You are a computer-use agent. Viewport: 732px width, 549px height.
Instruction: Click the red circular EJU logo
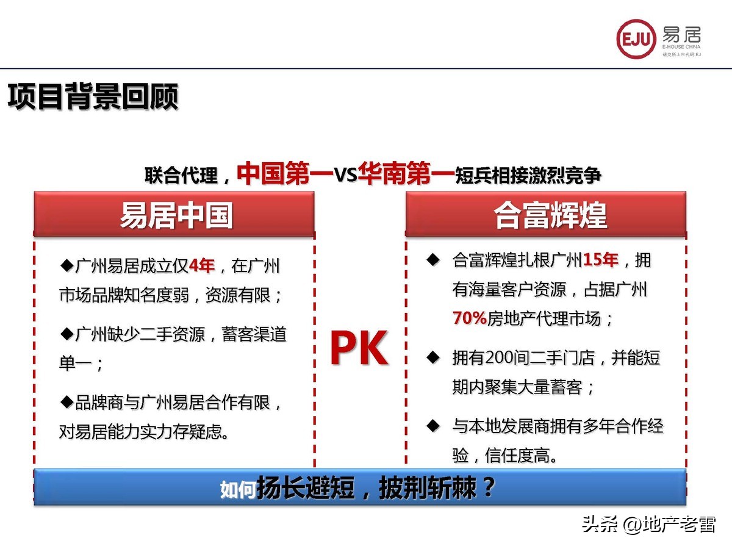636,38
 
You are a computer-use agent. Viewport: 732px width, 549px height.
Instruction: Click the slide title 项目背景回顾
93,96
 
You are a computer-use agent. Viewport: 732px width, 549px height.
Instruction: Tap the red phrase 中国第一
284,173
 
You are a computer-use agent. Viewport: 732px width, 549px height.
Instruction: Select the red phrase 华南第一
407,173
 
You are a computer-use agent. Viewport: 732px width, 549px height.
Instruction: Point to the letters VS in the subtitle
345,175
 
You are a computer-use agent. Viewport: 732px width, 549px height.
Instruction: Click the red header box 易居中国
174,215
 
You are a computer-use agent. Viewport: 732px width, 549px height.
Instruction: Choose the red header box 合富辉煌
546,215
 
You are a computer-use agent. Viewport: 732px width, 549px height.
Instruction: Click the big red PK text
359,349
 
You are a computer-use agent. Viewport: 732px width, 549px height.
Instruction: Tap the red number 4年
202,265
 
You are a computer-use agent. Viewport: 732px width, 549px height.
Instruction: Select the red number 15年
601,260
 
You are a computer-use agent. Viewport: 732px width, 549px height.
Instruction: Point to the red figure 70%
469,318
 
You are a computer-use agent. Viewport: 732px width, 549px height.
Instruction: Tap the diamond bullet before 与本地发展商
433,425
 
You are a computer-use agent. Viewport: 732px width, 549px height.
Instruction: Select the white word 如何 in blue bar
238,489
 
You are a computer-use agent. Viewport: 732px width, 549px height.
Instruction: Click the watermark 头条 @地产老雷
648,523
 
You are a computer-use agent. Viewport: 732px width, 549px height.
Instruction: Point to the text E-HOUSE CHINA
681,46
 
